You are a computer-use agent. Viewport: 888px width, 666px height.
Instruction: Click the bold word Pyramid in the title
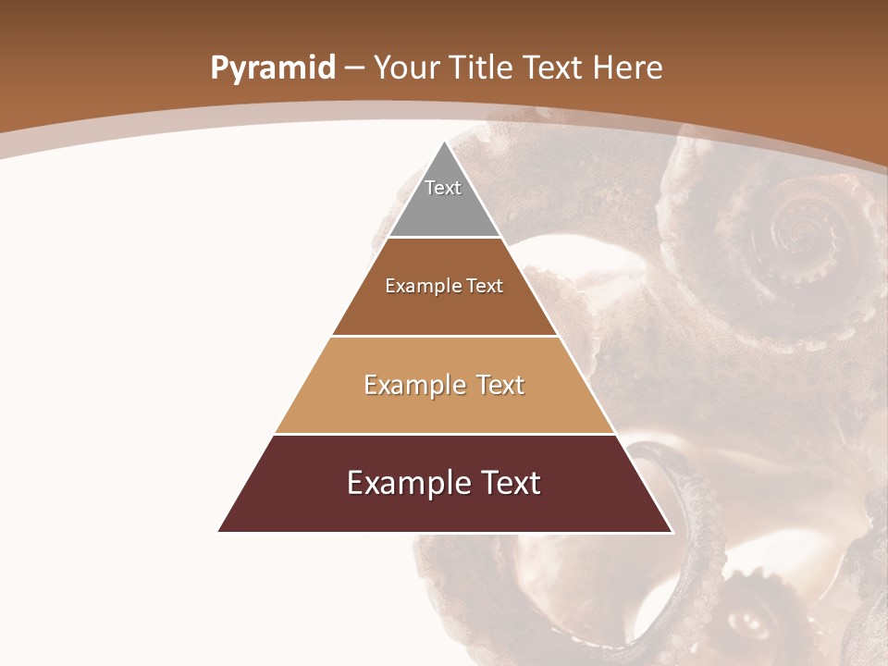tap(272, 68)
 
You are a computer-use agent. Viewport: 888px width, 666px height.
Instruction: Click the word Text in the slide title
tap(554, 68)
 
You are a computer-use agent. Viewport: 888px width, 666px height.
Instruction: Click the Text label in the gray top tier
tap(443, 188)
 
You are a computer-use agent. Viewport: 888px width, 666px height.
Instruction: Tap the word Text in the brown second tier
tap(485, 286)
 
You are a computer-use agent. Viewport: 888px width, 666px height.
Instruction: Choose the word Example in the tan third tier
tap(413, 385)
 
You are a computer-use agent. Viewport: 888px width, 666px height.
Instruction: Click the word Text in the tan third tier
tap(499, 385)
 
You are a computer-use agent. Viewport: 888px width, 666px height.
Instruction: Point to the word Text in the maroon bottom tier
tap(509, 483)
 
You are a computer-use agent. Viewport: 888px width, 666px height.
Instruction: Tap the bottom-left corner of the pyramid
tap(219, 531)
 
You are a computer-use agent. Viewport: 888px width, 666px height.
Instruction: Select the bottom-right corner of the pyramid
tap(672, 531)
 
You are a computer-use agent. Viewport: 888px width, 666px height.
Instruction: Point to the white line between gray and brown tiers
tap(445, 238)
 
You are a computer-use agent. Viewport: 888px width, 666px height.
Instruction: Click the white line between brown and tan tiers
tap(445, 336)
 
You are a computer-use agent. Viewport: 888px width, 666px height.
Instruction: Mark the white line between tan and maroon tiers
tap(445, 434)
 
